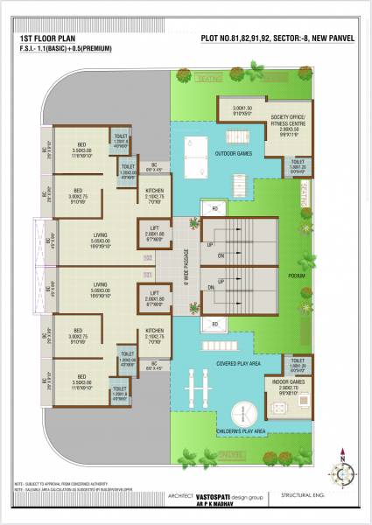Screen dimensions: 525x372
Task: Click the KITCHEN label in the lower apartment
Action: [x=154, y=331]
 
